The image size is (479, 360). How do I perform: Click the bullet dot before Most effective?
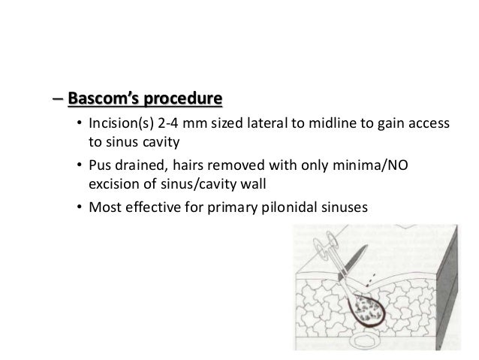tap(80, 204)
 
